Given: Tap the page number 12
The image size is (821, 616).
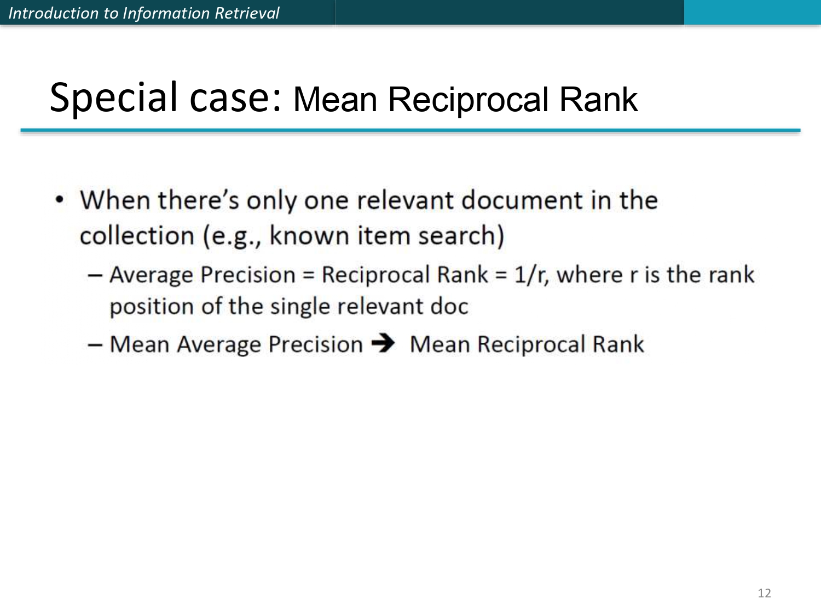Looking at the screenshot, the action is [764, 593].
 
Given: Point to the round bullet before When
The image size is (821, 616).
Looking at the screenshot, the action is [60, 200].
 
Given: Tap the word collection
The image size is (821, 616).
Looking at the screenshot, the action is [137, 235].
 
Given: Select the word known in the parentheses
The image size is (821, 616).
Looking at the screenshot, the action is [309, 235].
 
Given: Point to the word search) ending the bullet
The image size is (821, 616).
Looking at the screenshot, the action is [461, 235].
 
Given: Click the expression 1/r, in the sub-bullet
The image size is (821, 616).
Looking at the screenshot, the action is [531, 275].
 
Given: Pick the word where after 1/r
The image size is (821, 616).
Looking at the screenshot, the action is [589, 275].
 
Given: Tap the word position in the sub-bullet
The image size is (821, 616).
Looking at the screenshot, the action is [152, 307].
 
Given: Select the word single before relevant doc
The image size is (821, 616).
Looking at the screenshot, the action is [300, 307].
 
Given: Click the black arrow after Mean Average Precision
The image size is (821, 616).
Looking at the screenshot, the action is [383, 343].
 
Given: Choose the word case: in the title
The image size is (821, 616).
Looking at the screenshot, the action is [235, 99].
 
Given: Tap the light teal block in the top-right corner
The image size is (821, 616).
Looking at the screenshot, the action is [753, 13].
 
